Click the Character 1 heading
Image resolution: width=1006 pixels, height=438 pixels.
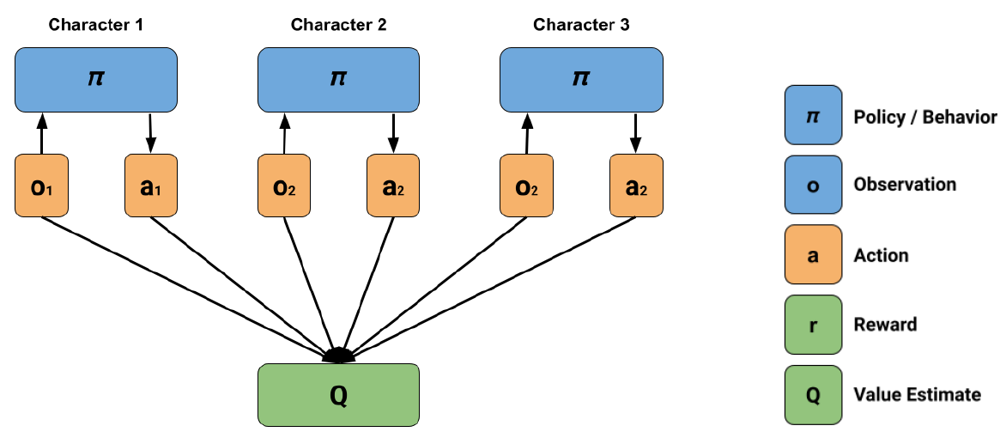point(95,26)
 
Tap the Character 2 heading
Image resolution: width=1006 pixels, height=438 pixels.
point(338,26)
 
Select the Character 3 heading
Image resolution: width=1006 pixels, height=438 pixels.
point(581,26)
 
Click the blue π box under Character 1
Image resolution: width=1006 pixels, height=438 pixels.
point(95,80)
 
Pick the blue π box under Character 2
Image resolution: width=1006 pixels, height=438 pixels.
point(338,80)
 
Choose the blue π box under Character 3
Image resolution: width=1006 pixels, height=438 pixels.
point(581,80)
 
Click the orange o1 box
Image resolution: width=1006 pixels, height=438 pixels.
point(41,186)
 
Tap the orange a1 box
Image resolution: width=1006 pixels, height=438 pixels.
point(150,186)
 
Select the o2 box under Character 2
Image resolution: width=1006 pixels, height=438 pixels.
point(283,186)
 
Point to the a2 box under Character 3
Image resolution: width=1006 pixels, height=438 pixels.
point(636,186)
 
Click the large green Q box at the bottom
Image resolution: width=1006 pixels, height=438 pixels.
point(338,394)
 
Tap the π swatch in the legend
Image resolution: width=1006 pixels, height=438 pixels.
point(813,116)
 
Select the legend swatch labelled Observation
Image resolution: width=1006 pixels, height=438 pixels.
point(813,185)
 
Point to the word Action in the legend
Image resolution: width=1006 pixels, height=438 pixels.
point(881,256)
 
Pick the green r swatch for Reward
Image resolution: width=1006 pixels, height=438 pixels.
point(813,325)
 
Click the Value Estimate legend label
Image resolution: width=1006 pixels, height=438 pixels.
point(918,393)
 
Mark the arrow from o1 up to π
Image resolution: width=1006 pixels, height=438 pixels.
point(42,134)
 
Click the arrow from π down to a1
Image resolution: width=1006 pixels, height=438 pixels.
point(150,134)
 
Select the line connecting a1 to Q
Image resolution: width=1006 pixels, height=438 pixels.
point(245,286)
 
